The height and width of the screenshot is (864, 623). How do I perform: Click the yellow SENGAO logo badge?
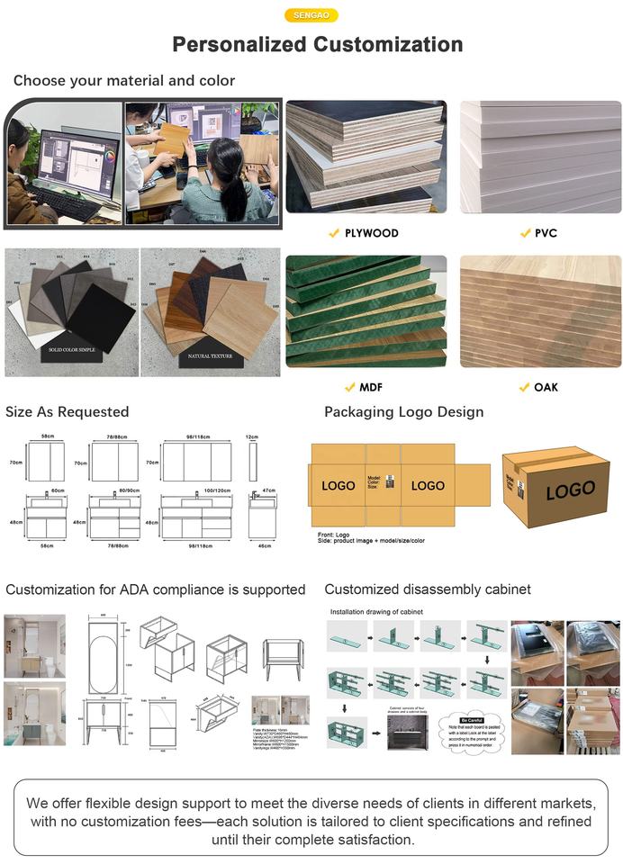(x=311, y=15)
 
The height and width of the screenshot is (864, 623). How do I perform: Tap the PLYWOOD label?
(x=371, y=233)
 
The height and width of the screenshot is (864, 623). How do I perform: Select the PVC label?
(x=546, y=233)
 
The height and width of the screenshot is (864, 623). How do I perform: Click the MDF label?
(x=371, y=387)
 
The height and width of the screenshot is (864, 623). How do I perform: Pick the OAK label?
(x=546, y=387)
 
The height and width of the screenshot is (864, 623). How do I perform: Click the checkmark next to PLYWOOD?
(x=334, y=233)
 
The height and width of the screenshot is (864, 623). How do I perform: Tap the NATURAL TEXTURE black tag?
(x=211, y=355)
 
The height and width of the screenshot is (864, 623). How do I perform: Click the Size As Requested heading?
(x=68, y=412)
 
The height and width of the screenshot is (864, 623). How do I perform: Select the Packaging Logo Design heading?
(x=404, y=412)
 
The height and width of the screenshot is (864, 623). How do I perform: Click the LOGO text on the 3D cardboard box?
(x=570, y=490)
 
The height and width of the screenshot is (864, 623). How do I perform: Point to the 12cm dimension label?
(x=253, y=436)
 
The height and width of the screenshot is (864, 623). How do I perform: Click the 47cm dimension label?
(x=267, y=490)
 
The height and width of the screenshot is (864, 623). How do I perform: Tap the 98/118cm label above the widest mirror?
(x=197, y=436)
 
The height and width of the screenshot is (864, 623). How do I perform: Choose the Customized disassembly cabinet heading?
(x=428, y=589)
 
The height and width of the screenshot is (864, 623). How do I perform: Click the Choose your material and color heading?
(x=124, y=81)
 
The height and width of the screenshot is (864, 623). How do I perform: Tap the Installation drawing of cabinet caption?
(x=376, y=612)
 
